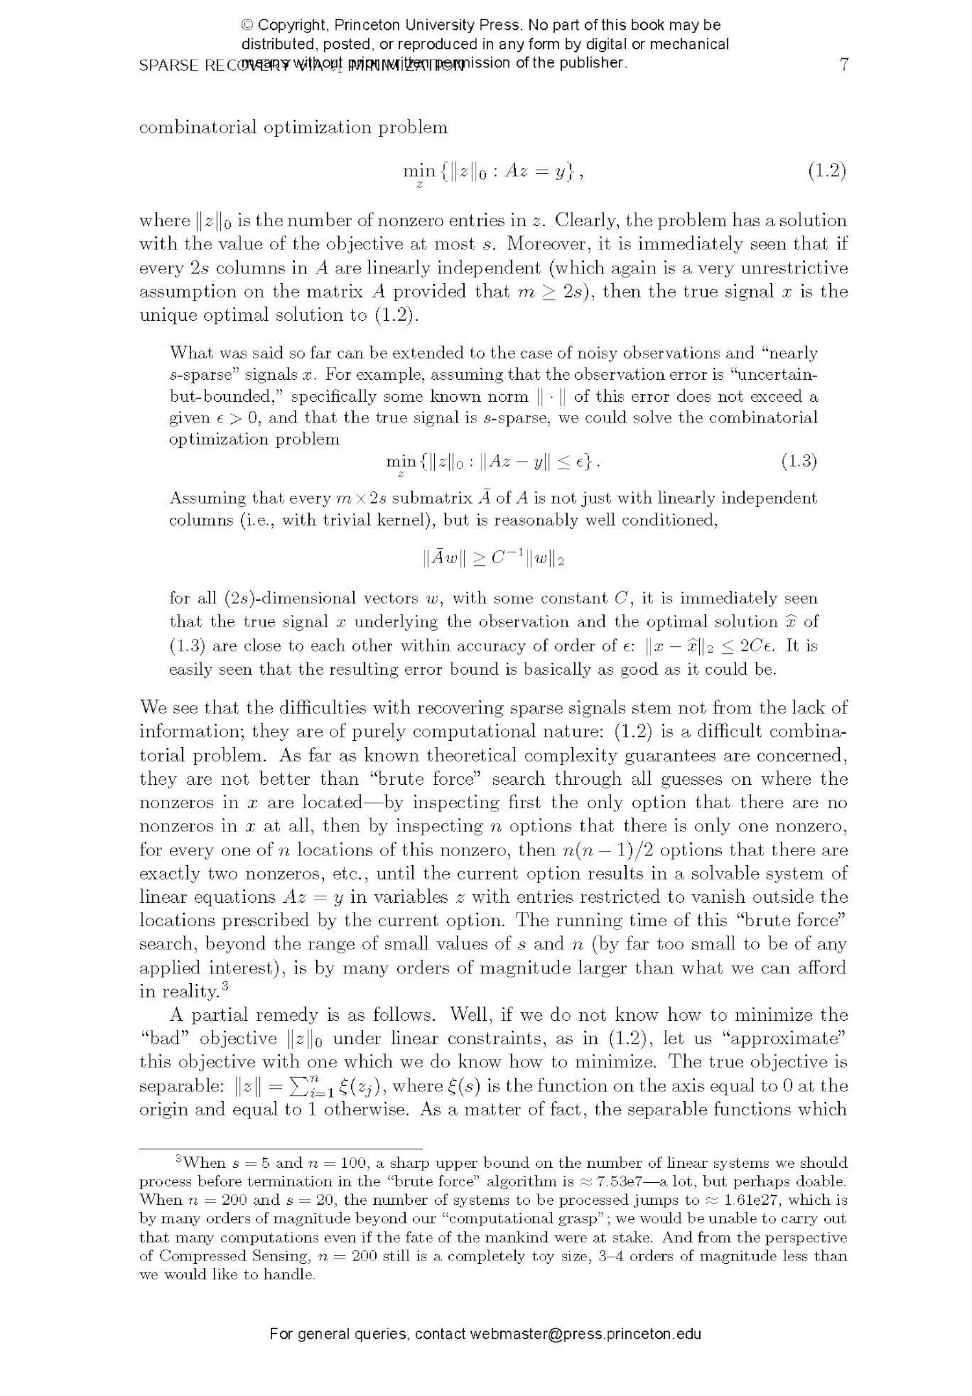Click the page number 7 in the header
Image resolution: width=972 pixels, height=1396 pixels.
pos(844,65)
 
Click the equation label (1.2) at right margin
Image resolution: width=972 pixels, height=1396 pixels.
pos(827,171)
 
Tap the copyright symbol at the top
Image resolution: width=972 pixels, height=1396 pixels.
pos(247,25)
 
